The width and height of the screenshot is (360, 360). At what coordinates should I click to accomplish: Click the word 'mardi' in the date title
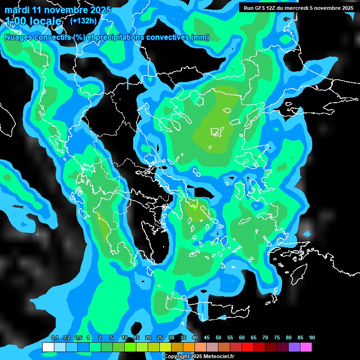coord(17,10)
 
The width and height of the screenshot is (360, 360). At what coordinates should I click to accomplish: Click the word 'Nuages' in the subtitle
coord(19,37)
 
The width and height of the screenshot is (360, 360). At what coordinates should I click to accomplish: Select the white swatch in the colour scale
coord(48,347)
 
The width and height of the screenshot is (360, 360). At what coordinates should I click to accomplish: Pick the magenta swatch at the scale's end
coord(306,347)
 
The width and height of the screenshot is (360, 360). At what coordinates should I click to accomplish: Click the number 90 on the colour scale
coord(312,337)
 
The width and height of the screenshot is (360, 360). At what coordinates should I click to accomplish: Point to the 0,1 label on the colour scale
coord(55,337)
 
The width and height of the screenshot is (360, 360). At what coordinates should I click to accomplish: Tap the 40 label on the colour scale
coord(195,337)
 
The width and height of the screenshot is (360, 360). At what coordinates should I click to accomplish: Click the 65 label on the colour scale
coord(254,337)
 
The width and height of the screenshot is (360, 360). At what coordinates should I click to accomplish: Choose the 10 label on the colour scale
coord(124,337)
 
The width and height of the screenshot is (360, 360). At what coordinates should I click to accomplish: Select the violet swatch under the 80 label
coord(294,347)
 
